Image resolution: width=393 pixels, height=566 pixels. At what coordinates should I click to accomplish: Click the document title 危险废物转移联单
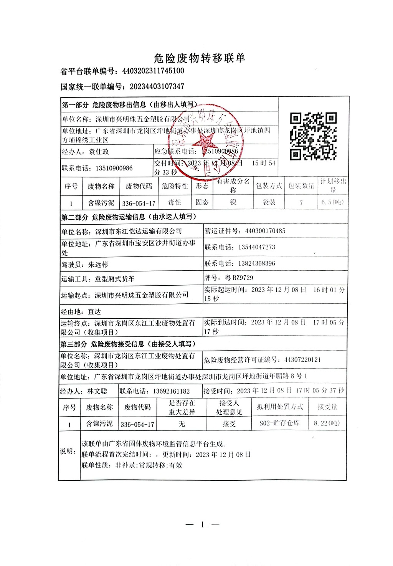(199, 58)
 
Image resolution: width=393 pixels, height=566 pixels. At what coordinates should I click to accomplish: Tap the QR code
(313, 136)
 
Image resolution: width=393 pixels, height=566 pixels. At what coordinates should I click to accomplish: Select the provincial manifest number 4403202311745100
(153, 71)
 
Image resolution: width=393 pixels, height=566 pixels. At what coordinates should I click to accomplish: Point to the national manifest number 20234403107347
(157, 87)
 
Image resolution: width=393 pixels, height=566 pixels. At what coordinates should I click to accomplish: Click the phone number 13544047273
(256, 247)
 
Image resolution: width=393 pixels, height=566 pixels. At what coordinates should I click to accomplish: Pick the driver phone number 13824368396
(256, 263)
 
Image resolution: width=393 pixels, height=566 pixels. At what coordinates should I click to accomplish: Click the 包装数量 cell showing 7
(301, 203)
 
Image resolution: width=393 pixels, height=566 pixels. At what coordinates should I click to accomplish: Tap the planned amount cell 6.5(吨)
(332, 202)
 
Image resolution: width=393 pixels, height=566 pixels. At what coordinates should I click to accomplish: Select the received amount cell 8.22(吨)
(327, 423)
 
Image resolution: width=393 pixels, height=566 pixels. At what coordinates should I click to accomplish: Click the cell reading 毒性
(175, 202)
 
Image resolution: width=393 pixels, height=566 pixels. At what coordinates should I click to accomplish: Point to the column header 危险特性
(175, 186)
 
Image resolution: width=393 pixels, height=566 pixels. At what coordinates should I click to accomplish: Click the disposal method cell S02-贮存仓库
(279, 423)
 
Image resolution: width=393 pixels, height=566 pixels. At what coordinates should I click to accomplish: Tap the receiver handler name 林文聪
(97, 391)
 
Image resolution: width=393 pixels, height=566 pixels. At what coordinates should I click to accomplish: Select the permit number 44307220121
(302, 360)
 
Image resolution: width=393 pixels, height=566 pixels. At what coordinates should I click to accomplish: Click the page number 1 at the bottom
(202, 525)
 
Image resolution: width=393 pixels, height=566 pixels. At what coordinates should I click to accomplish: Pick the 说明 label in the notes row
(68, 452)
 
